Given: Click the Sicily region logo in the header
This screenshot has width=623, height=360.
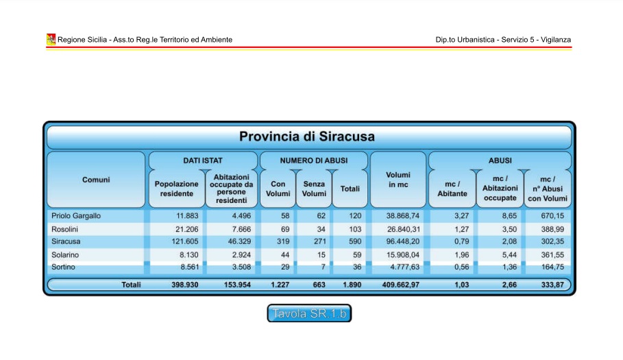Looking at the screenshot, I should (51, 39).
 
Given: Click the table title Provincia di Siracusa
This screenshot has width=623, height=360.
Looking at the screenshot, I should (307, 136).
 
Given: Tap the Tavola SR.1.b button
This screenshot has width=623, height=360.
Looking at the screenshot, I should (309, 314).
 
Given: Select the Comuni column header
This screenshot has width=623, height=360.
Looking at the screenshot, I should (96, 180).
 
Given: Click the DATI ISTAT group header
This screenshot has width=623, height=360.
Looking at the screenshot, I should (202, 160).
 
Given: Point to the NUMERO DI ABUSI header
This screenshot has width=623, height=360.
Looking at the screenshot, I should (313, 160).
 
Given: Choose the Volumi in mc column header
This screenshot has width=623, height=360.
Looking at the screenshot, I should (398, 180).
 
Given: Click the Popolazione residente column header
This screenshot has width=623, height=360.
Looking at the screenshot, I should (176, 189).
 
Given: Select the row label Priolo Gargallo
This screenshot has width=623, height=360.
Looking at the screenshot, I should (76, 216).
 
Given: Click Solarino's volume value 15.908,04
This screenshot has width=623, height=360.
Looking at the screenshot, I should (400, 255).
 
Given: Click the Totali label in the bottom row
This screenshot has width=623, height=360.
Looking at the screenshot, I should (131, 285).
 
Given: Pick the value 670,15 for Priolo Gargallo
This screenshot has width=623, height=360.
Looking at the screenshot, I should (554, 216).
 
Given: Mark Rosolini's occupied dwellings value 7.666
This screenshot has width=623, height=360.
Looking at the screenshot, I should (239, 229).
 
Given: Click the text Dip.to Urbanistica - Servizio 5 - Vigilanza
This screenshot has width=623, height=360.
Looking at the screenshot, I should (502, 40).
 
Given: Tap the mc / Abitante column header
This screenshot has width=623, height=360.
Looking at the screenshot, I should (452, 189).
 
